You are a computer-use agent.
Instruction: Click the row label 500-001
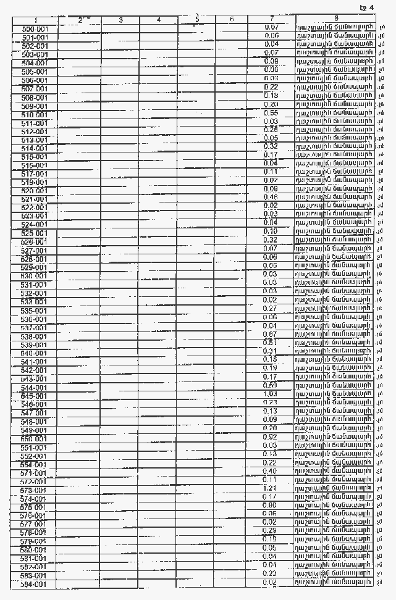click(x=35, y=29)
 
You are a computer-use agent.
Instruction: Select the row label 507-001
click(x=35, y=89)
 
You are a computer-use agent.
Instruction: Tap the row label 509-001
click(x=35, y=106)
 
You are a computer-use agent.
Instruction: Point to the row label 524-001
click(x=35, y=225)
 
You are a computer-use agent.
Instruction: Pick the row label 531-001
click(x=35, y=285)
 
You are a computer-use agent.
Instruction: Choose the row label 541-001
click(x=35, y=361)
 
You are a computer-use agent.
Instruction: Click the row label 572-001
click(x=35, y=481)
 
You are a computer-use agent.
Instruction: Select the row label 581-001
click(x=35, y=558)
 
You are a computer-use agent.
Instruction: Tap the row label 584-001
click(x=35, y=583)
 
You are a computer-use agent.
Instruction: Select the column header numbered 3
click(x=120, y=20)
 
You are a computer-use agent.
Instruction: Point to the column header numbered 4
click(x=159, y=20)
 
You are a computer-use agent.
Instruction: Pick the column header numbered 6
click(x=231, y=20)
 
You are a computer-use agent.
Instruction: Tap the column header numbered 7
click(x=271, y=20)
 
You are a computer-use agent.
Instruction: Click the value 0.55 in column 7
click(x=271, y=113)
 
